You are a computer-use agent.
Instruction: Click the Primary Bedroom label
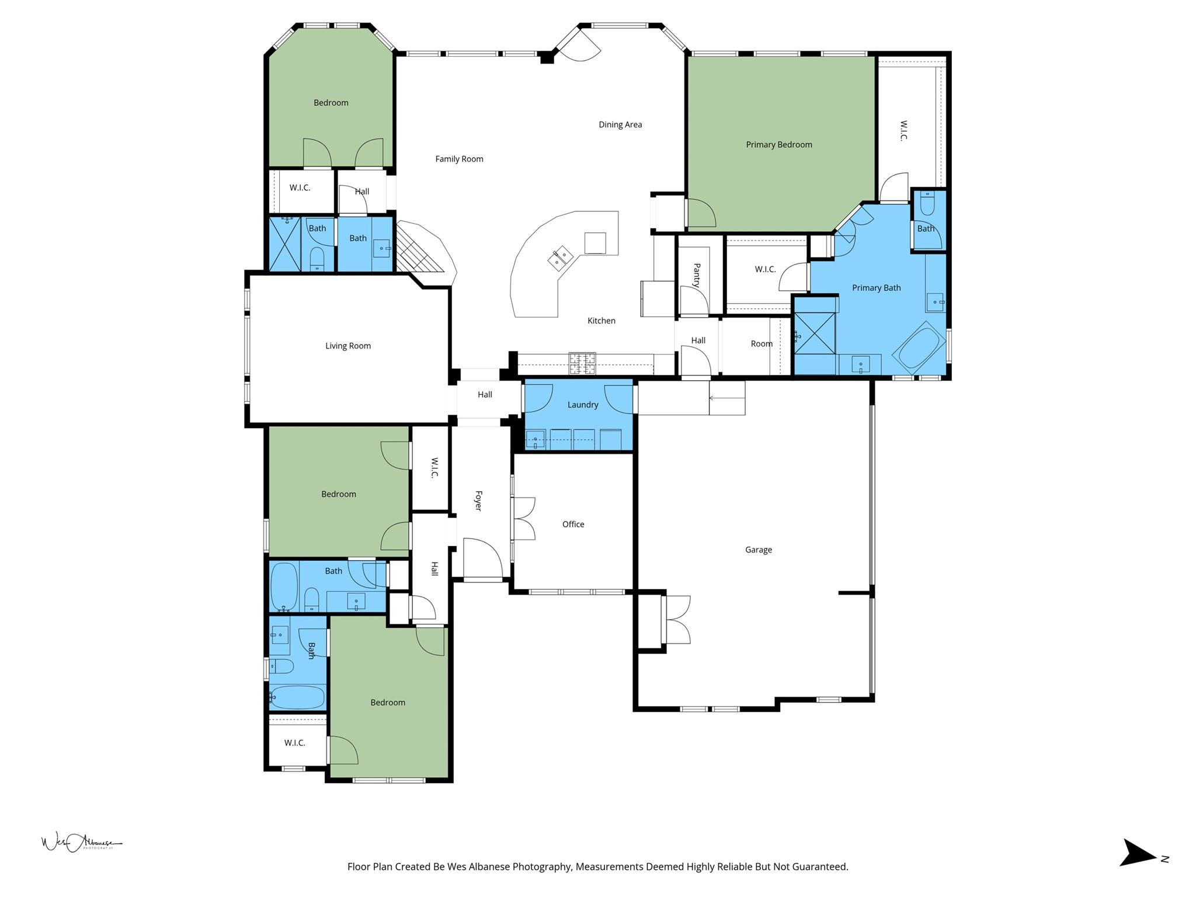pos(778,145)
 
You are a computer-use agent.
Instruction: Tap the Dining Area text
pos(620,124)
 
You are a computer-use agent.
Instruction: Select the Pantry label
pos(696,275)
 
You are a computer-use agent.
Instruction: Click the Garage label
pos(758,550)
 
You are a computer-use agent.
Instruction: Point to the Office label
pos(573,524)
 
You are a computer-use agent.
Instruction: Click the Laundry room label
pos(582,405)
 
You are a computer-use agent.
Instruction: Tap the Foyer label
pos(478,500)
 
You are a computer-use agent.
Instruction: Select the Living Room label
pos(347,346)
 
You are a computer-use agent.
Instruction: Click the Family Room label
pos(459,159)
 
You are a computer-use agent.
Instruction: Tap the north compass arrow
pos(1138,868)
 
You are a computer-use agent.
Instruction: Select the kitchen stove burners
pos(582,363)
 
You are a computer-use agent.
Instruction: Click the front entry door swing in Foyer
pos(482,557)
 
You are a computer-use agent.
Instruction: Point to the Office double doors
pos(523,519)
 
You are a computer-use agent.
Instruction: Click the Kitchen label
pos(601,321)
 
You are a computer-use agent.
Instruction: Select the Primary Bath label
pos(875,288)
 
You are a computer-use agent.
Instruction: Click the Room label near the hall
pos(761,344)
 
